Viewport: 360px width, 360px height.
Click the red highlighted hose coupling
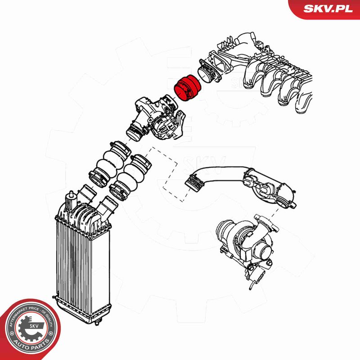pyautogui.click(x=188, y=88)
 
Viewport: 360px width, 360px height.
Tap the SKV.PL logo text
pyautogui.click(x=328, y=9)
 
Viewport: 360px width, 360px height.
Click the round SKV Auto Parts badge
pyautogui.click(x=30, y=329)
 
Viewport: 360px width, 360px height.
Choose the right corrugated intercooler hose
pyautogui.click(x=130, y=177)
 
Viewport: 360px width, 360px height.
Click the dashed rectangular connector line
pyautogui.click(x=170, y=175)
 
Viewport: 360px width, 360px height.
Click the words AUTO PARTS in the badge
pyautogui.click(x=31, y=344)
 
